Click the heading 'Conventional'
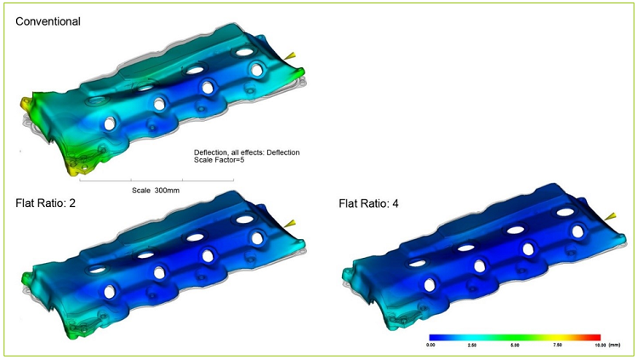[48, 21]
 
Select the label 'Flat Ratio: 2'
[46, 203]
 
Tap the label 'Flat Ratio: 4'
[368, 203]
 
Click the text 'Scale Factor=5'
[219, 160]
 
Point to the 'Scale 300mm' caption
[156, 190]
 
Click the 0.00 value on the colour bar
[430, 345]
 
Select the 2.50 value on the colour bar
[472, 345]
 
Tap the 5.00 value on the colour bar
[515, 345]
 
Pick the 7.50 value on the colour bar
[557, 345]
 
